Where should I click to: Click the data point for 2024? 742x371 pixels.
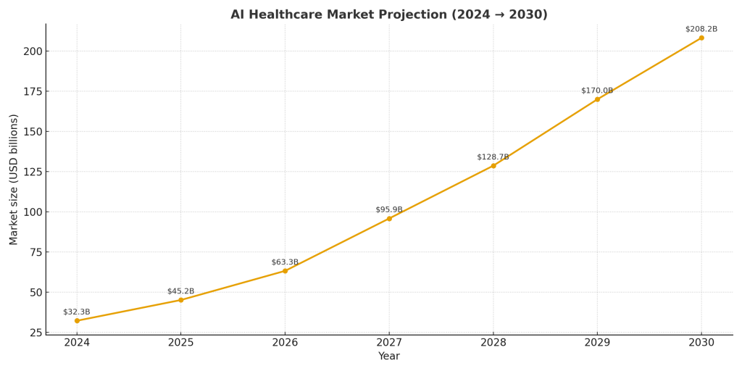pos(77,320)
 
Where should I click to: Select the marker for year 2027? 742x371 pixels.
pos(389,218)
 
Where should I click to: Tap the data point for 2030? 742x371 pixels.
pos(701,38)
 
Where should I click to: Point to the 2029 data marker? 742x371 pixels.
pos(597,99)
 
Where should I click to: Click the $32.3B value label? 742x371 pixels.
pos(77,312)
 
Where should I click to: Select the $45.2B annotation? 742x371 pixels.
pos(180,291)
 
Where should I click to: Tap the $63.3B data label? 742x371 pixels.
pos(285,262)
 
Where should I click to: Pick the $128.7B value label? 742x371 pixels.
pos(493,157)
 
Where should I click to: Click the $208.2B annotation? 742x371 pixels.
pos(701,29)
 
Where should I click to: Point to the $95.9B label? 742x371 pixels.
pos(389,210)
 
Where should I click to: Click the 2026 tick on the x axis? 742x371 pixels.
pos(285,342)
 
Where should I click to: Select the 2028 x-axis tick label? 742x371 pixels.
pos(493,342)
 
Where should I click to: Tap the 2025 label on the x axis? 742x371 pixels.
pos(181,342)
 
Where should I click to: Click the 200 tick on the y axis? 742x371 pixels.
pos(33,51)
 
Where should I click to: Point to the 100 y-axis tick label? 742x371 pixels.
pos(33,212)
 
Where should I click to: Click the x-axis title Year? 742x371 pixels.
pos(389,357)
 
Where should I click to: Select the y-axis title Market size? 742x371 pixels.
pos(14,179)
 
